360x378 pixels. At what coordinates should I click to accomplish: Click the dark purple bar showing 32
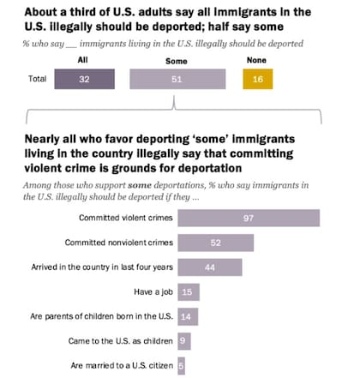point(85,79)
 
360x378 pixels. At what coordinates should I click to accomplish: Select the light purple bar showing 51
point(177,79)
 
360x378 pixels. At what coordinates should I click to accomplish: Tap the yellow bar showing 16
point(258,79)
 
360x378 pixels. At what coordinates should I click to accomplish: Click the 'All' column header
point(83,60)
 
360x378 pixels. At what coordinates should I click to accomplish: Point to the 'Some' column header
point(177,61)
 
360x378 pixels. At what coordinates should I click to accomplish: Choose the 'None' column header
point(256,60)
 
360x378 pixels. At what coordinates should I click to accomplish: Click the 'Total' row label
point(37,79)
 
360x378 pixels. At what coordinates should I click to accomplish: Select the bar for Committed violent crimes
point(249,218)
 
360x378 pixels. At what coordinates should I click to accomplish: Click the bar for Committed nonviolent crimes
point(216,243)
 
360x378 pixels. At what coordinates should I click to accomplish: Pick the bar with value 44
point(210,267)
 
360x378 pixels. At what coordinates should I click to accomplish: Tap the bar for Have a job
point(189,292)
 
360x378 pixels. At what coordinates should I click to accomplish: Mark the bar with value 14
point(188,316)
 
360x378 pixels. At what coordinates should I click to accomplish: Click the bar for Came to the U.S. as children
point(184,341)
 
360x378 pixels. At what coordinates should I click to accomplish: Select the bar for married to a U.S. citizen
point(181,366)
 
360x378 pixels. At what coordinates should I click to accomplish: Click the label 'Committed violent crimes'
point(126,218)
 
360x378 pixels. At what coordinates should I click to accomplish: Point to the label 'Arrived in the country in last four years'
point(102,267)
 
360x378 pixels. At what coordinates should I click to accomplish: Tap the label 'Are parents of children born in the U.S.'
point(102,316)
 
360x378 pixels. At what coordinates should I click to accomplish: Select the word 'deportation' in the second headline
point(210,168)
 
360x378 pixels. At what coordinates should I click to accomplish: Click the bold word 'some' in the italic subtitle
point(140,185)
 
